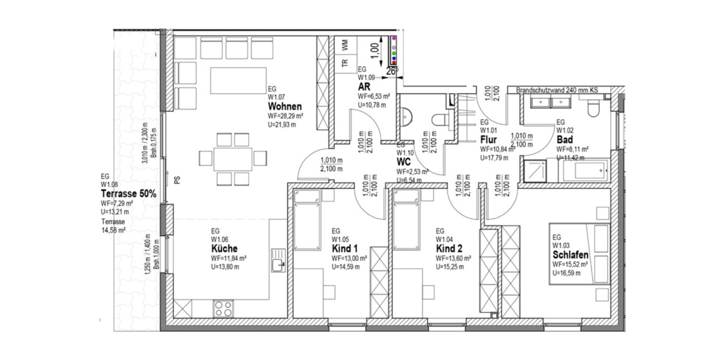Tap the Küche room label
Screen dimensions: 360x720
click(x=224, y=248)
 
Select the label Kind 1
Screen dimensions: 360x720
click(x=345, y=248)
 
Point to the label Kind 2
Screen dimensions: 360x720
click(x=449, y=248)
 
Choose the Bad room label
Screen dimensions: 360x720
click(x=564, y=139)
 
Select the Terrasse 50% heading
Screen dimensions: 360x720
click(x=128, y=194)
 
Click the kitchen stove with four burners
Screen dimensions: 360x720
click(x=224, y=308)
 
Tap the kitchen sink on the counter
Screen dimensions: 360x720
click(x=277, y=263)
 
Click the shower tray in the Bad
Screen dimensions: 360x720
click(x=538, y=171)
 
